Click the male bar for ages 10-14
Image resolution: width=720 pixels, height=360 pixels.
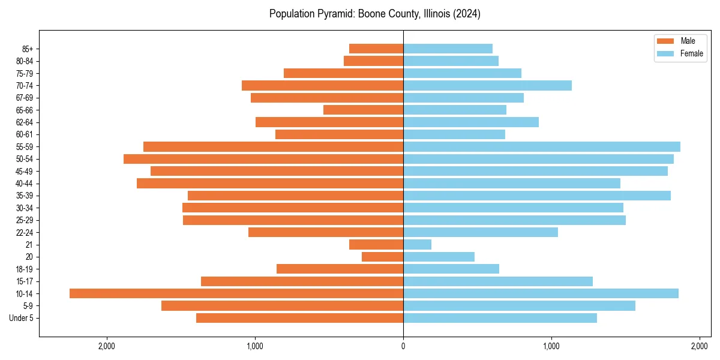pyautogui.click(x=236, y=293)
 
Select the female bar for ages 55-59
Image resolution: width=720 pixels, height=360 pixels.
pyautogui.click(x=542, y=146)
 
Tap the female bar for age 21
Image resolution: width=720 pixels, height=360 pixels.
pyautogui.click(x=417, y=244)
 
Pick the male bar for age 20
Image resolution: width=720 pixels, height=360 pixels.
pyautogui.click(x=382, y=257)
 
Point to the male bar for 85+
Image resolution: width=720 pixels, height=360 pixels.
pyautogui.click(x=376, y=49)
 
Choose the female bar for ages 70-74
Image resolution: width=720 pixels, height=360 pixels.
pyautogui.click(x=487, y=85)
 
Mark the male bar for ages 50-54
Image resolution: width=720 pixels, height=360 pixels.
pyautogui.click(x=263, y=159)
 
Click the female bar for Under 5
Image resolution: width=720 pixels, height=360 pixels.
pyautogui.click(x=500, y=318)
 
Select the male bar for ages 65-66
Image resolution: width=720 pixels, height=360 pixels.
pyautogui.click(x=363, y=110)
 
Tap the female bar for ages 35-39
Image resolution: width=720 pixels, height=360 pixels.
pyautogui.click(x=537, y=196)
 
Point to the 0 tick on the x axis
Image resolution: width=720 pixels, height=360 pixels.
pyautogui.click(x=403, y=346)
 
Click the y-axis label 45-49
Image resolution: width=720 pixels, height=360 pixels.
pyautogui.click(x=24, y=171)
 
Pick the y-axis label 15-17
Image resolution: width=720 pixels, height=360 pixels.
pyautogui.click(x=24, y=281)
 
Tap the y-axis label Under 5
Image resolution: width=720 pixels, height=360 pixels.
pyautogui.click(x=22, y=318)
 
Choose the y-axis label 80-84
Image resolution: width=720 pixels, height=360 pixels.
pyautogui.click(x=24, y=61)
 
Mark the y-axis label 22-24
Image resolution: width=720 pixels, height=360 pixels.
pyautogui.click(x=24, y=232)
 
